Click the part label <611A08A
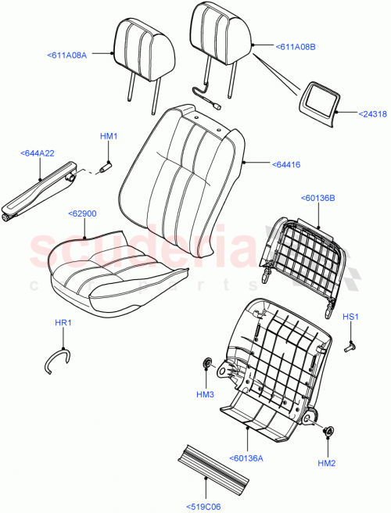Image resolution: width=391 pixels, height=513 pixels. pyautogui.click(x=66, y=56)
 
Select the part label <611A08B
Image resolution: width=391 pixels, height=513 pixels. pyautogui.click(x=296, y=47)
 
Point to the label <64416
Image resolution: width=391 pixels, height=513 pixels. pyautogui.click(x=288, y=164)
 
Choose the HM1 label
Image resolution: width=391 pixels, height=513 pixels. pyautogui.click(x=109, y=137)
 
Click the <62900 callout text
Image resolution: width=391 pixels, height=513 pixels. pyautogui.click(x=82, y=213)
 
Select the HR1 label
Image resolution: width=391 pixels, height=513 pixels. pyautogui.click(x=63, y=323)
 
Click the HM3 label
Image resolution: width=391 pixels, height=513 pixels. pyautogui.click(x=205, y=395)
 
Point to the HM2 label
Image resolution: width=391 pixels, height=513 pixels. pyautogui.click(x=328, y=464)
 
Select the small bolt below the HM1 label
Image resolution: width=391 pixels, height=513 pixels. pyautogui.click(x=107, y=165)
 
